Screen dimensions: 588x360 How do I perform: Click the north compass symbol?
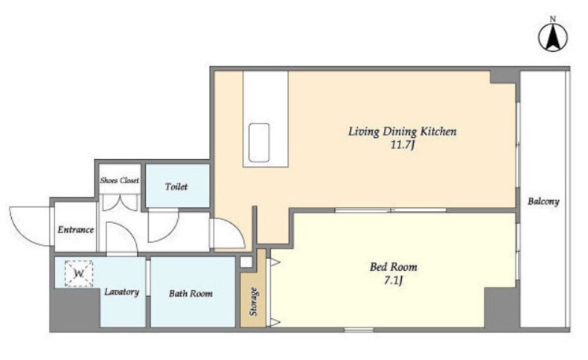553,38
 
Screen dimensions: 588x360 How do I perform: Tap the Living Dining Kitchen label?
402,132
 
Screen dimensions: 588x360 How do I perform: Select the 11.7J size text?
402,145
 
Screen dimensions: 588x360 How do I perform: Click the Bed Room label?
393,267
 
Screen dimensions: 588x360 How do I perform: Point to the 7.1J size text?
393,280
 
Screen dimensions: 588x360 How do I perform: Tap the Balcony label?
543,202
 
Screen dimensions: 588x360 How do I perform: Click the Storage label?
254,301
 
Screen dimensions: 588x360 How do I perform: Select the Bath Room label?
191,294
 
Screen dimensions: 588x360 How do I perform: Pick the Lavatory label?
121,291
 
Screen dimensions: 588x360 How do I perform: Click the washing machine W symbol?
79,273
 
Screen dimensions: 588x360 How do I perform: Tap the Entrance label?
76,230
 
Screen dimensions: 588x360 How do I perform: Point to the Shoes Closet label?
119,180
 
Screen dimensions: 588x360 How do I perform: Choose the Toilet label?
177,187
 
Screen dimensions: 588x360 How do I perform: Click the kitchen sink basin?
259,143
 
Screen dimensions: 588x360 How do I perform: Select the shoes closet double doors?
120,202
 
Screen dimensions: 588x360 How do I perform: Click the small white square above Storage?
246,262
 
